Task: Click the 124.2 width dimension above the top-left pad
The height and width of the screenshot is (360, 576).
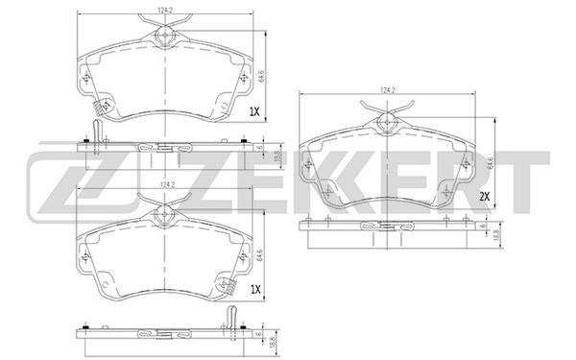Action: (165, 11)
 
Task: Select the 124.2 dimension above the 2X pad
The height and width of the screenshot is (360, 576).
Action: (387, 90)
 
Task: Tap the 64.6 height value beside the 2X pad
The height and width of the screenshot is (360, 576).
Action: (490, 162)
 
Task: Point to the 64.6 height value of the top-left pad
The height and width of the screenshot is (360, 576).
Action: (261, 76)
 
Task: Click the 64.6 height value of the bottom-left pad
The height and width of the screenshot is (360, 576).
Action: (260, 255)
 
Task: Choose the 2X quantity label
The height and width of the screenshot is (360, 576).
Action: (485, 197)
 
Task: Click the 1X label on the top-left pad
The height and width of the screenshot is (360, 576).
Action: (254, 111)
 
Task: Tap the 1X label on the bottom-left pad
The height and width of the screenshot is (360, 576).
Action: (255, 290)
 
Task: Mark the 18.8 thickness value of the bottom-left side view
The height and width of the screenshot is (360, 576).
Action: (273, 344)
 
